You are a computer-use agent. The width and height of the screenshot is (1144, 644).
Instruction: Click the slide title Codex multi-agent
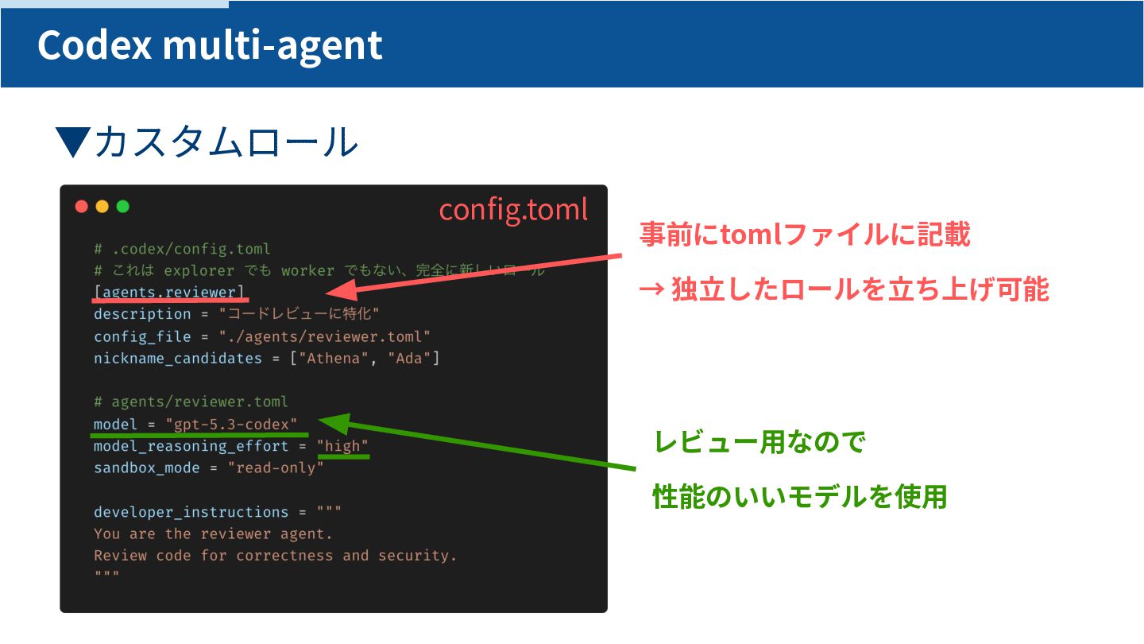pos(210,45)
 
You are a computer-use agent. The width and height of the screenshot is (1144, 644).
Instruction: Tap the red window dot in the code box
pos(81,207)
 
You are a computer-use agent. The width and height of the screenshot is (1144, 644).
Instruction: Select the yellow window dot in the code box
pos(102,207)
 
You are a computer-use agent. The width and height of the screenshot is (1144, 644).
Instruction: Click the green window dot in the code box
pos(122,207)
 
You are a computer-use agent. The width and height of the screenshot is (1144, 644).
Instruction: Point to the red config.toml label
pos(513,209)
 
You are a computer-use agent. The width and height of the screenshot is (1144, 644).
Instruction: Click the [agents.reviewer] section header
pos(169,293)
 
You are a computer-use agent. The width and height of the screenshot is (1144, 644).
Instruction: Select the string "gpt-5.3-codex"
pos(231,425)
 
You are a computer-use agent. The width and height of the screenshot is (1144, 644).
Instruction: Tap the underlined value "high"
pos(342,446)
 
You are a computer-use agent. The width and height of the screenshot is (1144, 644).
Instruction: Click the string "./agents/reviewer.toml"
pos(325,336)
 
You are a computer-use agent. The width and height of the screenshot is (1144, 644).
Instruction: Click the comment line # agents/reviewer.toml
pos(191,402)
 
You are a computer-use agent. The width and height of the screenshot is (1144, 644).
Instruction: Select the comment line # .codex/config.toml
pos(182,249)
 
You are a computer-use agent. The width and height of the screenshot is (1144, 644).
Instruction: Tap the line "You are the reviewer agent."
pos(213,533)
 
